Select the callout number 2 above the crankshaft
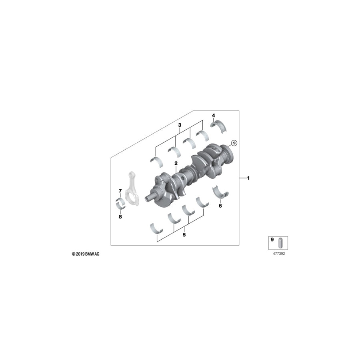pos(176,163)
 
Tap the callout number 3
pos(180,125)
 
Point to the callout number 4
pos(214,116)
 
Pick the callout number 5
pos(184,235)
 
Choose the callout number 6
pos(220,206)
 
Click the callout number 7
pos(120,190)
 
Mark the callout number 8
pos(120,216)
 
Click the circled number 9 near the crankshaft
pos(234,142)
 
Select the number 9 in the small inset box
pos(272,240)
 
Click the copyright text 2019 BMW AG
pos(85,254)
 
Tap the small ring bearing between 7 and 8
pos(120,203)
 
